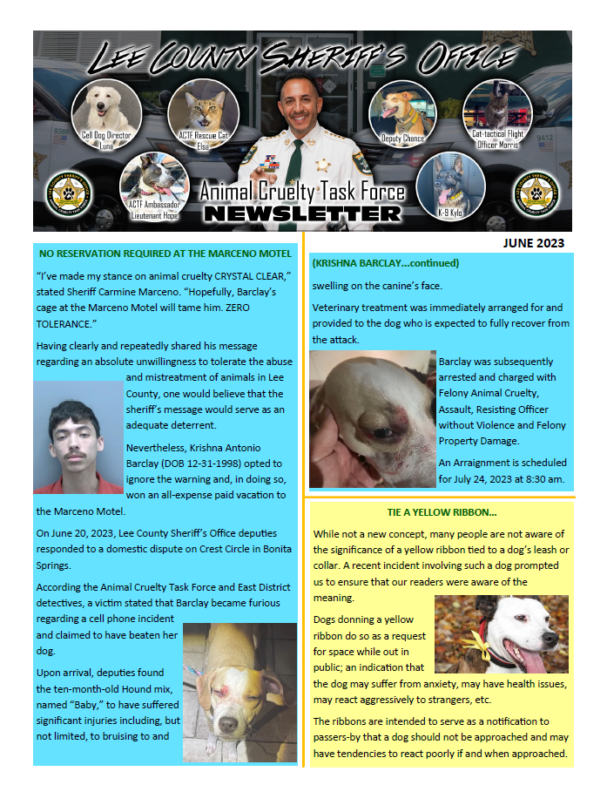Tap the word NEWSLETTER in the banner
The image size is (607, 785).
click(x=302, y=213)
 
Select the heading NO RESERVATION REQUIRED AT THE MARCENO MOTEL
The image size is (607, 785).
click(x=162, y=254)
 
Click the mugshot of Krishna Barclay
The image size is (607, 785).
click(x=78, y=436)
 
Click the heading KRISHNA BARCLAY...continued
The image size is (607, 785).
click(x=386, y=262)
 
